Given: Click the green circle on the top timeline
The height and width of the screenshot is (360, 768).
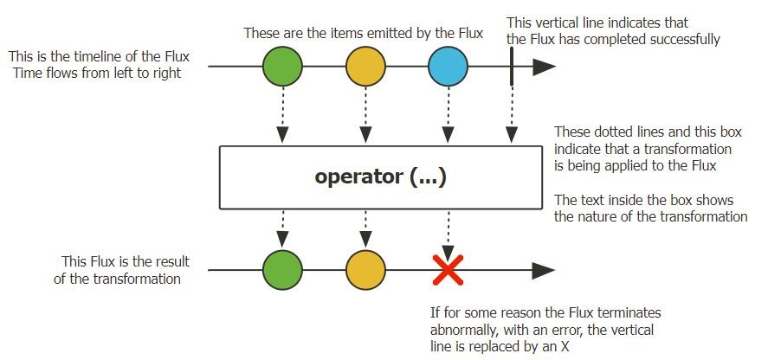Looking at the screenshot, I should tap(282, 66).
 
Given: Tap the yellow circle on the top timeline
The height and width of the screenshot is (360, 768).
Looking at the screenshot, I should tap(365, 66).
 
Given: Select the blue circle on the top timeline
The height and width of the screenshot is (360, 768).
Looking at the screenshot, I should tap(448, 66).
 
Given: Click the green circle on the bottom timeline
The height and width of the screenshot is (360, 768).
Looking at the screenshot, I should tap(282, 270).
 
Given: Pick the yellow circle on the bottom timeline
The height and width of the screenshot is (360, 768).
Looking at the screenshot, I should tap(365, 270).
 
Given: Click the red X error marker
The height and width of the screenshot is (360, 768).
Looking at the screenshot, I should tap(448, 270).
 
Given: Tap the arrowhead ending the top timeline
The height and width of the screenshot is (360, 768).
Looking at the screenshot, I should tap(544, 66).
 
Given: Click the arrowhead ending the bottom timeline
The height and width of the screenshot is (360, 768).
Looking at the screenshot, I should tap(544, 270).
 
